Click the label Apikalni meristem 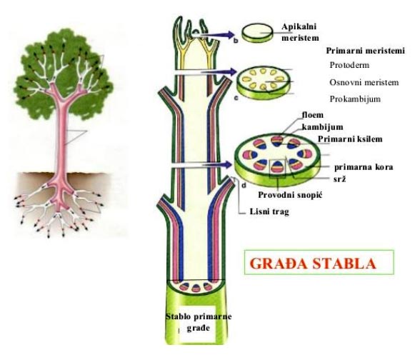(x=300, y=32)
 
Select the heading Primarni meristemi (x=365, y=51)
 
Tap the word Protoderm (x=349, y=65)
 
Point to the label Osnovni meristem (x=364, y=82)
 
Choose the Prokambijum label (x=355, y=99)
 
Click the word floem (x=313, y=115)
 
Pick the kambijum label (x=323, y=126)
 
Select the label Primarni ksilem (x=350, y=139)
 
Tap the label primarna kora (x=364, y=167)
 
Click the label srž (x=339, y=179)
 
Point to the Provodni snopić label (x=290, y=195)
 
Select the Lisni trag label (x=269, y=211)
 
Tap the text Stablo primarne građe (x=199, y=322)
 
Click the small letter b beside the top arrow (x=236, y=41)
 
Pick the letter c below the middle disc (x=236, y=98)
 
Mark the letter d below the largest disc (x=244, y=185)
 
